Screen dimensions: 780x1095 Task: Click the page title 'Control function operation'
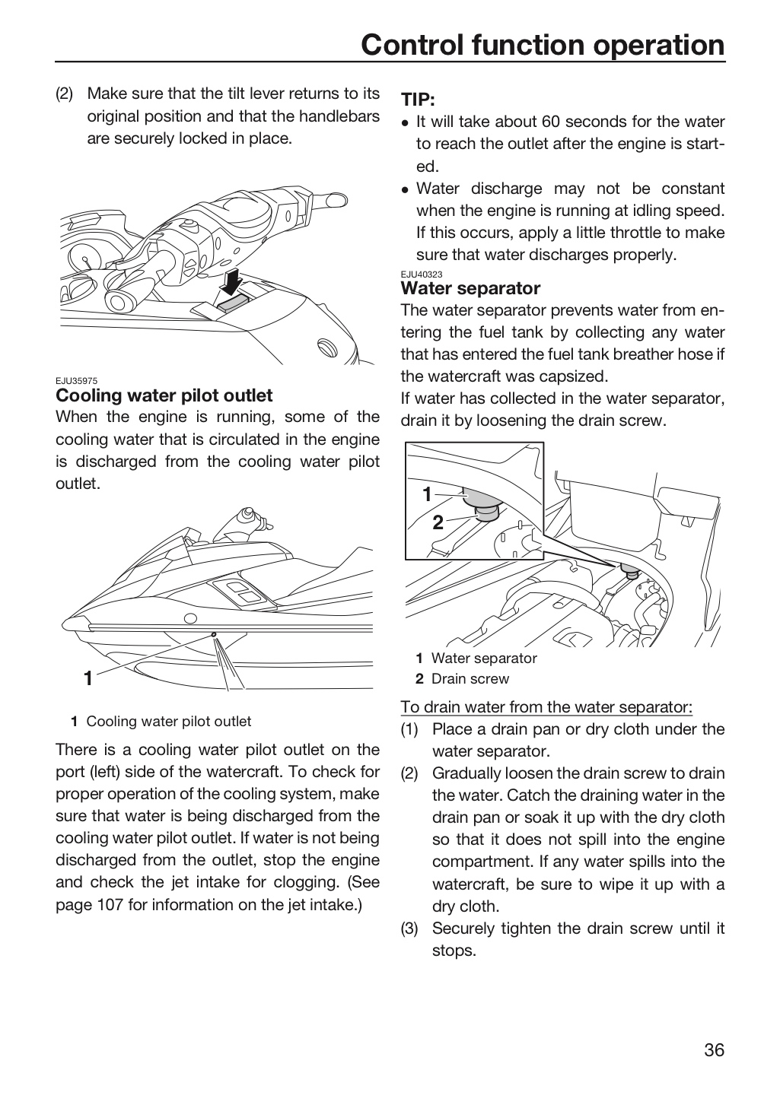point(543,45)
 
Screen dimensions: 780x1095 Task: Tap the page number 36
point(715,1050)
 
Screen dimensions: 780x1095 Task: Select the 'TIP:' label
point(418,100)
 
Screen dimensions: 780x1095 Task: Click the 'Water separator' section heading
point(470,288)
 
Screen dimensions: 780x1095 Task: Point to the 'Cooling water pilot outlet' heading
point(164,395)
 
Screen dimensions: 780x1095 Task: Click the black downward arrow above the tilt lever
point(231,281)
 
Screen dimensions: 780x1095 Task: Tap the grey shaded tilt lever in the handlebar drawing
point(233,303)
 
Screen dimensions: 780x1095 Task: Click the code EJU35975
point(76,381)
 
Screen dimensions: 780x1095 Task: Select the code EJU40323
point(422,275)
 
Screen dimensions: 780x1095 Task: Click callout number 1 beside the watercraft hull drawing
point(88,678)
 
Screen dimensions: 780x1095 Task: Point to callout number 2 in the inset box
point(438,522)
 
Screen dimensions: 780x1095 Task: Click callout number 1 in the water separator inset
point(427,495)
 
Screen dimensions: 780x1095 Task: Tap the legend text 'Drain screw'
point(470,678)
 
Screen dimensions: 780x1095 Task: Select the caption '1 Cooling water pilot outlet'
point(161,721)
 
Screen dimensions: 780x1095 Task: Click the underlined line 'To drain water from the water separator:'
point(546,707)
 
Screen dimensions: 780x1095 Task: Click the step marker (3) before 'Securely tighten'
point(409,928)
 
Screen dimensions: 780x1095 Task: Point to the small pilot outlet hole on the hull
point(213,634)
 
